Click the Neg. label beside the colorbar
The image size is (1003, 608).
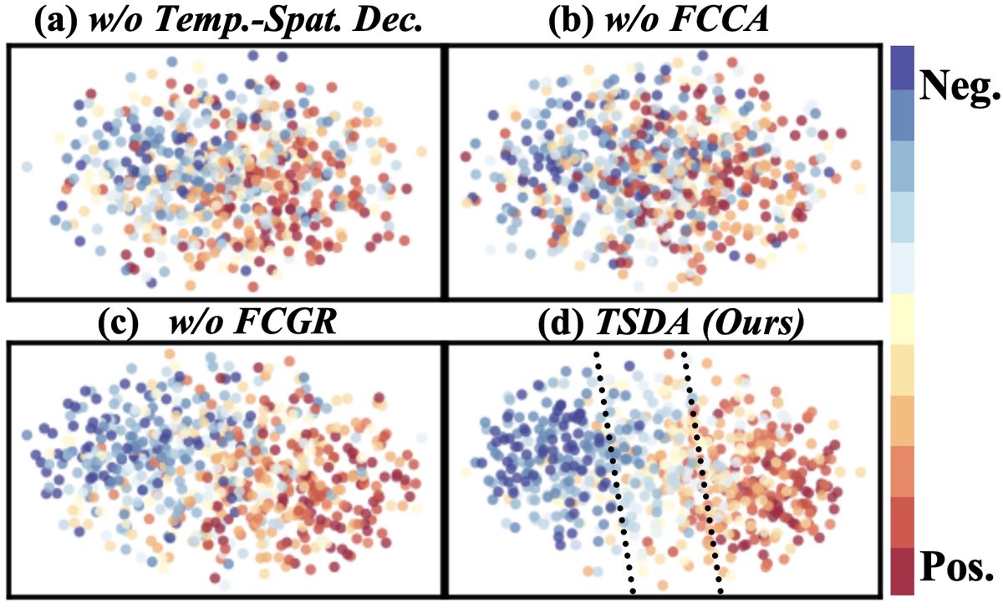(958, 85)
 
